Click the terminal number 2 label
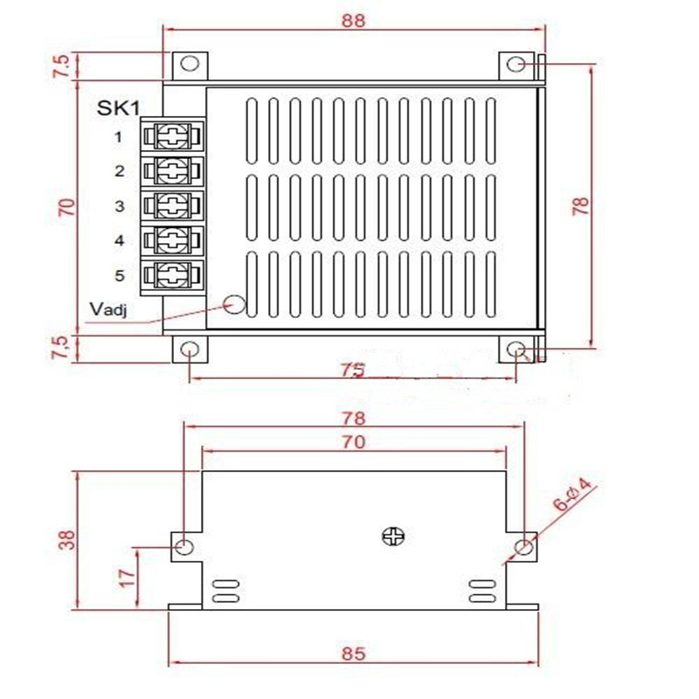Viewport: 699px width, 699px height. pos(119,171)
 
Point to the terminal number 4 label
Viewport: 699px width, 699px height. pos(119,240)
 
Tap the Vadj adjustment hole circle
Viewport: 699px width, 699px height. pos(234,304)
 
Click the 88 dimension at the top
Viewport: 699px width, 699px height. pos(353,20)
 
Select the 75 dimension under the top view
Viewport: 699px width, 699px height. pos(352,370)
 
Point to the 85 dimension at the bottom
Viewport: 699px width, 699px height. pos(353,653)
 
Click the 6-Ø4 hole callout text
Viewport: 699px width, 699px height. pos(574,495)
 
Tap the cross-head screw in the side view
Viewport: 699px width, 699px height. pos(391,536)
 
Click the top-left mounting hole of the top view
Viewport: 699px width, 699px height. pos(190,65)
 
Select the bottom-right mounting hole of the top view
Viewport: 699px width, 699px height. pos(516,350)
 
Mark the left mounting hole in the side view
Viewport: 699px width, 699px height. pos(184,547)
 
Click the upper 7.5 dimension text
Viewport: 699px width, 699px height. pos(60,67)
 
